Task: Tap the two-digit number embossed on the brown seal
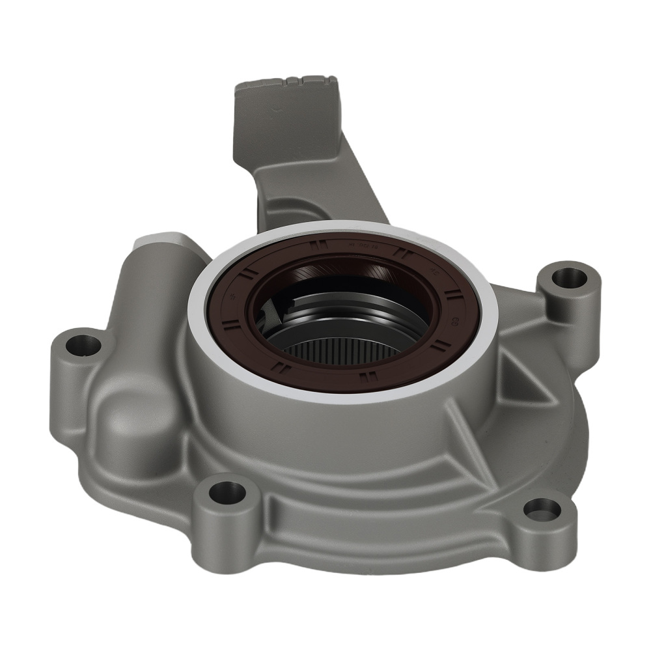(454, 318)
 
